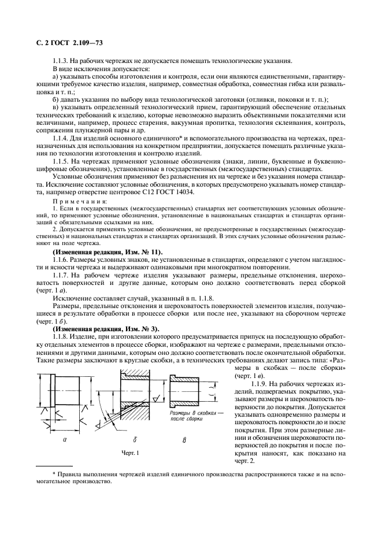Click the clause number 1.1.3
click(x=62, y=61)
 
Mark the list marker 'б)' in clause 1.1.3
click(x=56, y=99)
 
